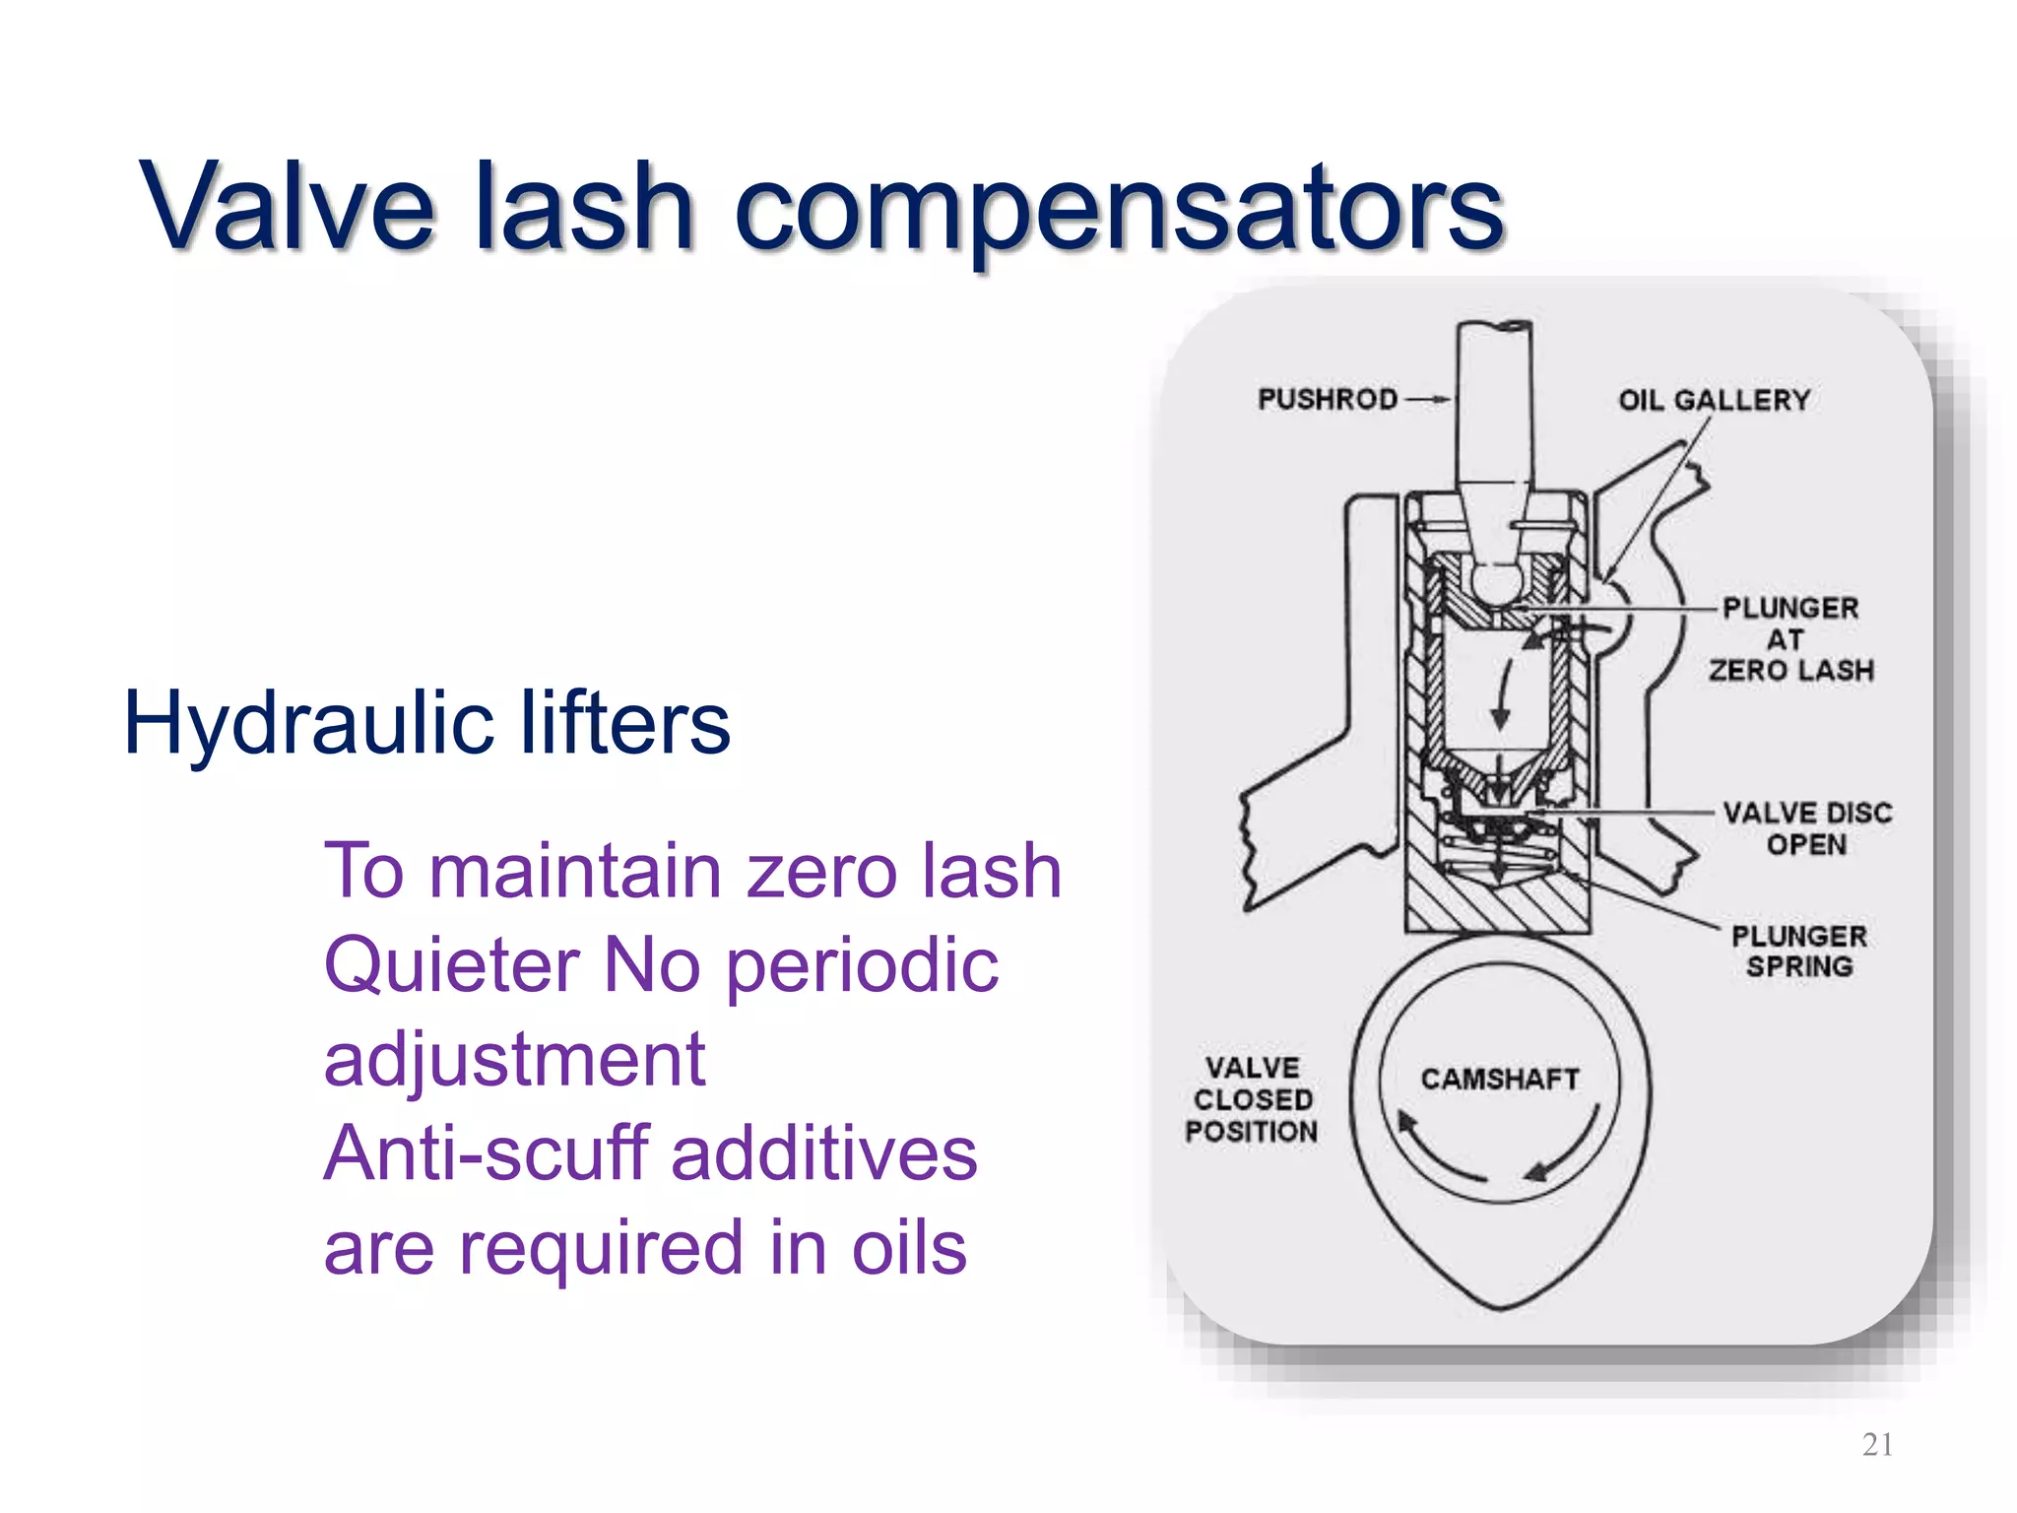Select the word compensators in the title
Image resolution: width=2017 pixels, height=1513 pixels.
pos(1118,210)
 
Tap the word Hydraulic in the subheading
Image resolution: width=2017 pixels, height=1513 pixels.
pos(306,725)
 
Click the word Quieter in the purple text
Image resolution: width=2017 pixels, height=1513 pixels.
pos(451,965)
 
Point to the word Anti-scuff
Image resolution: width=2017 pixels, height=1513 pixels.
pos(485,1153)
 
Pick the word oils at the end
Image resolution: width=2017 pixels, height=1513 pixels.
pos(908,1248)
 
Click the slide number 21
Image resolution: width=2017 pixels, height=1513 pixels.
pos(1877,1444)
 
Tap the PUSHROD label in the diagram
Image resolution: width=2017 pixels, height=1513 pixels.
pos(1327,399)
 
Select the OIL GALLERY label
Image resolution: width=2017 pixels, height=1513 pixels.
pos(1714,400)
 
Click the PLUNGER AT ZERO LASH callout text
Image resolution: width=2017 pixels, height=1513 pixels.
pos(1789,639)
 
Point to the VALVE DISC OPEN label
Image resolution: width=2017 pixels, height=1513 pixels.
pos(1806,828)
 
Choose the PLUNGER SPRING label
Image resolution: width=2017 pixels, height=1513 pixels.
pos(1798,952)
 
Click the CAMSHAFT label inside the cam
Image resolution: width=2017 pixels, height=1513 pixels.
pos(1499,1080)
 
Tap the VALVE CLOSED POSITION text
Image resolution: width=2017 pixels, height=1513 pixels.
pos(1251,1099)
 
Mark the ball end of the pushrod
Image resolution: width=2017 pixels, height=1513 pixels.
pos(1497,582)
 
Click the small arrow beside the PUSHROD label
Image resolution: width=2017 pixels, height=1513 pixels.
pos(1428,399)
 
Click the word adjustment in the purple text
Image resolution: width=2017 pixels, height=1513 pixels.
pos(514,1060)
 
